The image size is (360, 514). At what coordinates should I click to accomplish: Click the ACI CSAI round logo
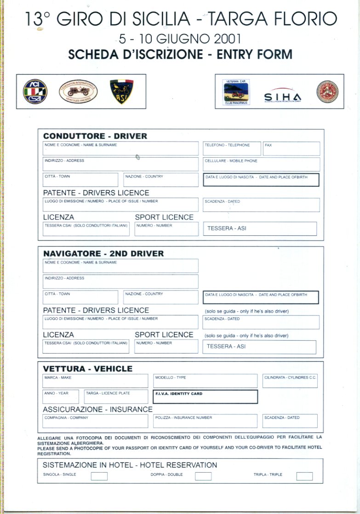click(35, 91)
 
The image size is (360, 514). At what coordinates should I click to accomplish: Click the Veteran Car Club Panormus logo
click(236, 91)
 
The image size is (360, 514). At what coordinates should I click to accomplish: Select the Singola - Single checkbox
click(99, 476)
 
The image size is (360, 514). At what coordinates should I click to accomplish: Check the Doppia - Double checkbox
click(203, 476)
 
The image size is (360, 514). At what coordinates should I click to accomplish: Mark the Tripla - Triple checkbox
click(304, 476)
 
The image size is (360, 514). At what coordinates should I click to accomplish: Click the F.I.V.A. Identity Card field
click(205, 397)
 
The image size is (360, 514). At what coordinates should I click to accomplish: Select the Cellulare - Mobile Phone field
click(261, 164)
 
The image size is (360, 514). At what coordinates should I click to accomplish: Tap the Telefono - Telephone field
click(232, 148)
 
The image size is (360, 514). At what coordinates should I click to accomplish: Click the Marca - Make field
click(95, 381)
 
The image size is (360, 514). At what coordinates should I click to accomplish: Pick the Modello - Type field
click(205, 381)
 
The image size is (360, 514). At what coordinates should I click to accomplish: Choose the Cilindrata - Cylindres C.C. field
click(290, 381)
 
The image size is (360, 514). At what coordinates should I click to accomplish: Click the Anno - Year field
click(61, 397)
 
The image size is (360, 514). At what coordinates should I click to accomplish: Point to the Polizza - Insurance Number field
click(205, 421)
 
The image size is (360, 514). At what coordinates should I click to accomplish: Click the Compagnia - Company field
click(95, 421)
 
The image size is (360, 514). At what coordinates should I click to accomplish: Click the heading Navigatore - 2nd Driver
click(103, 253)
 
